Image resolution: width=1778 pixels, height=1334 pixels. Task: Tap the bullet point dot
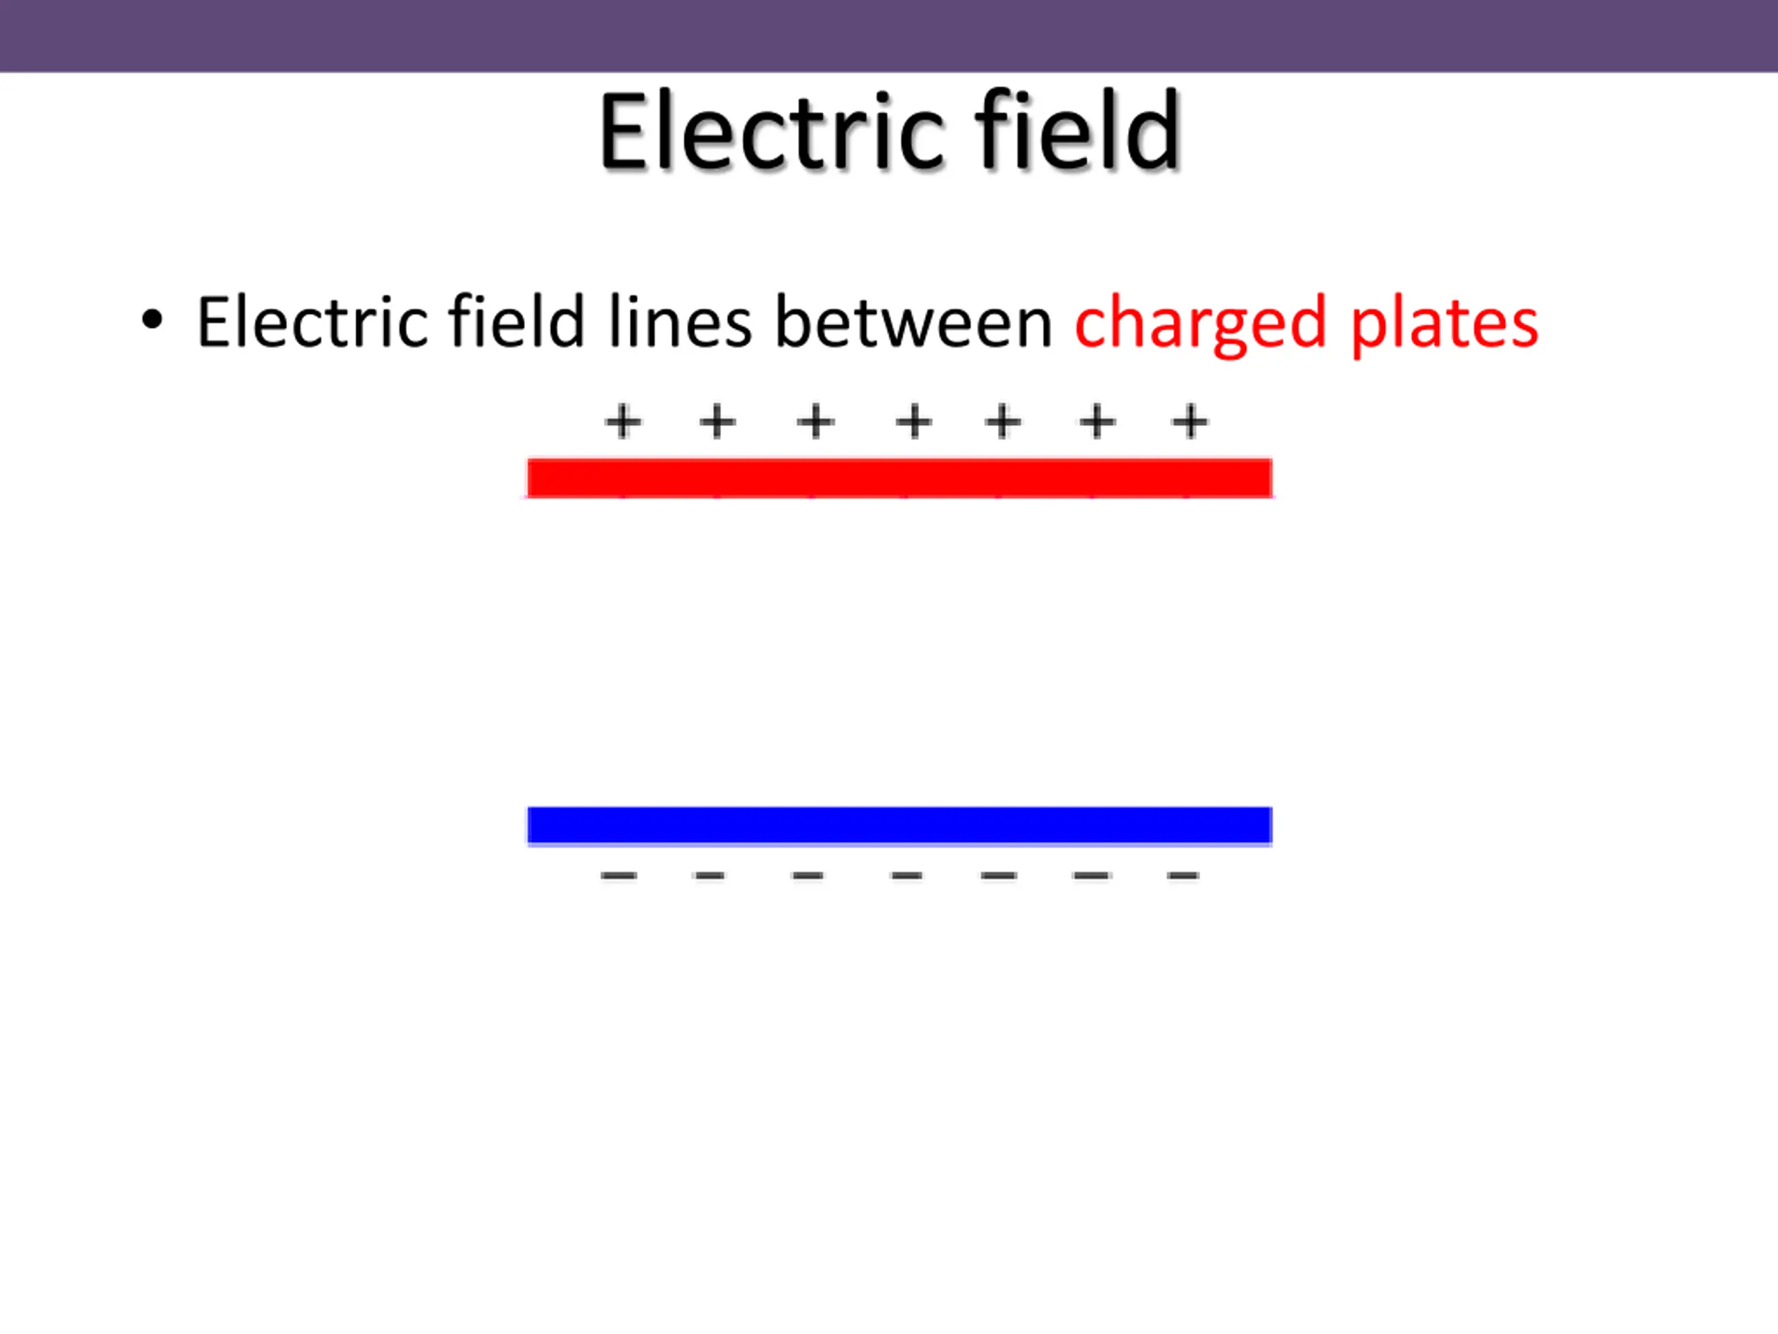151,320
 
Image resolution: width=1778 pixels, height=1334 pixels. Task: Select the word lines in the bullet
680,322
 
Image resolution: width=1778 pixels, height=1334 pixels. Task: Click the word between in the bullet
913,322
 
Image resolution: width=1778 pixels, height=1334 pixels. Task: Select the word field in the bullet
515,322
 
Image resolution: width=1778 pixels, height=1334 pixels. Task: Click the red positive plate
899,479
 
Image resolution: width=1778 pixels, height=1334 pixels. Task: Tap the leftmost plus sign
623,422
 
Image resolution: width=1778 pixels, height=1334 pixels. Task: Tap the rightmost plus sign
1190,422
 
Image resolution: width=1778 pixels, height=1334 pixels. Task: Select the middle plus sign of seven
914,422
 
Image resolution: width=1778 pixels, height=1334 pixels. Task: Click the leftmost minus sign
618,875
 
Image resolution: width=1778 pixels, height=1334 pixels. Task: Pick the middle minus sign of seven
906,875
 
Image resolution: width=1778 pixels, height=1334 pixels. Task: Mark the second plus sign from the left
717,422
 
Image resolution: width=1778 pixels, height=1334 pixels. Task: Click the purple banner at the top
889,35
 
